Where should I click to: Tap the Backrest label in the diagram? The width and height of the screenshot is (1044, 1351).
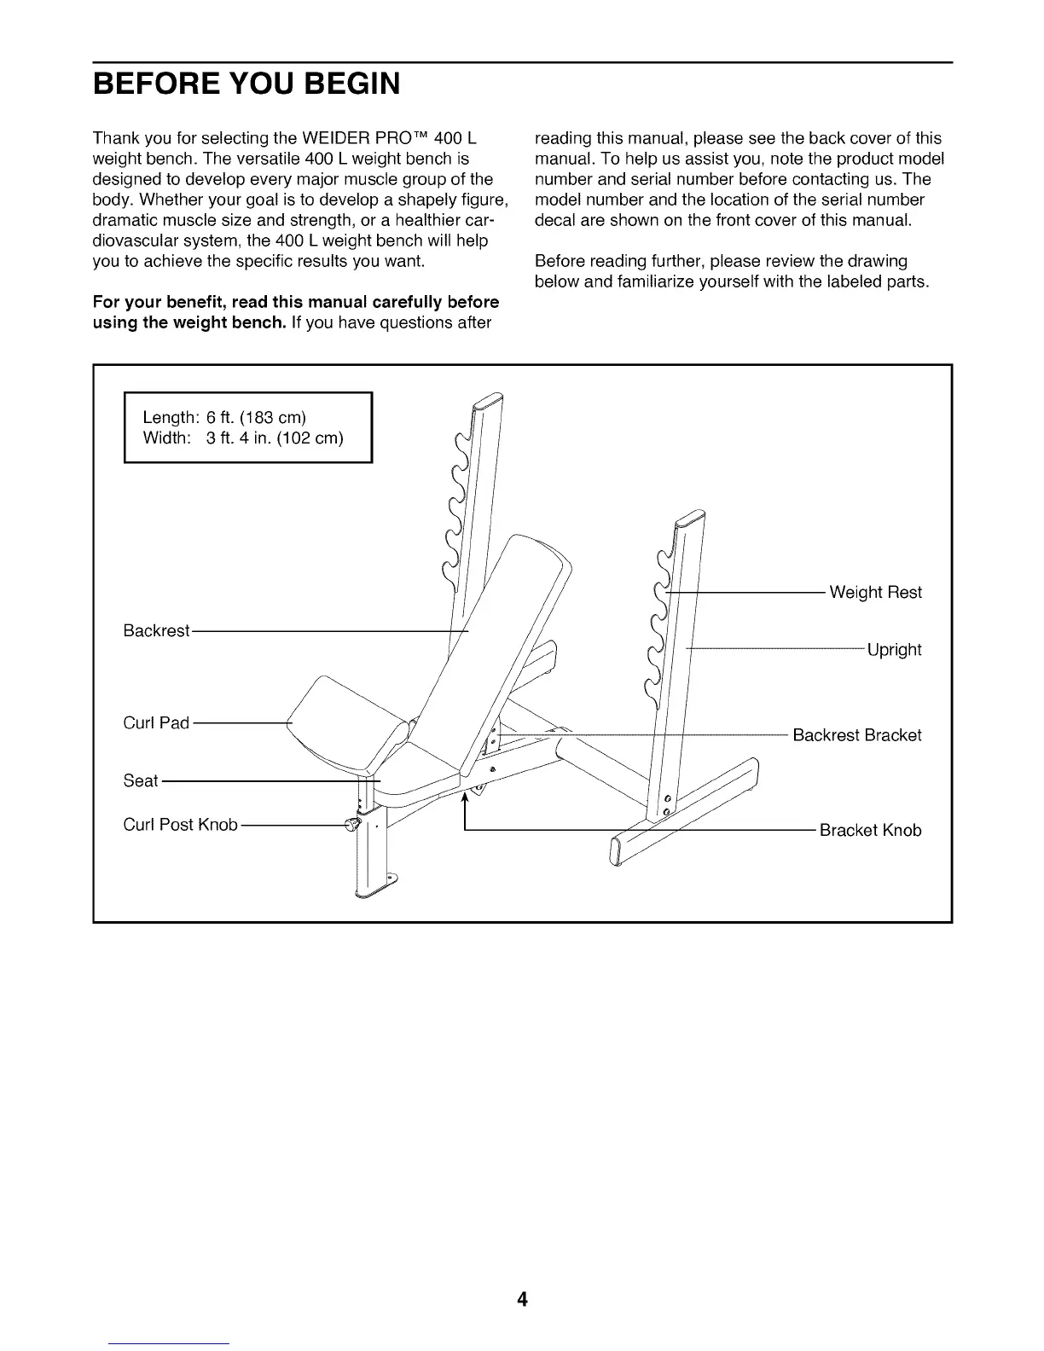[x=156, y=630]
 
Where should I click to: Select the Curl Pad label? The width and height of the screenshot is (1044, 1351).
[x=156, y=723]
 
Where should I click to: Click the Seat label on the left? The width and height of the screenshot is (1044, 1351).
[x=141, y=780]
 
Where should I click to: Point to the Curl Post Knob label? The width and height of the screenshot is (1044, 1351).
[x=180, y=826]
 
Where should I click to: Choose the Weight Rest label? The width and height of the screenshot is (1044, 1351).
[x=875, y=592]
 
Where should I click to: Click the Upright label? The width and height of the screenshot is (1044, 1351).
[x=894, y=650]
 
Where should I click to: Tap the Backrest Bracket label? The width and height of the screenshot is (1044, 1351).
[x=856, y=735]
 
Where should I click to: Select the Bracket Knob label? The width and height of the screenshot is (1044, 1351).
[x=870, y=831]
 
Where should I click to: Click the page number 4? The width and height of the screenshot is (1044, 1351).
[x=522, y=1299]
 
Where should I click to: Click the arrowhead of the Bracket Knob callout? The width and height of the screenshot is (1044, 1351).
[x=465, y=798]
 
